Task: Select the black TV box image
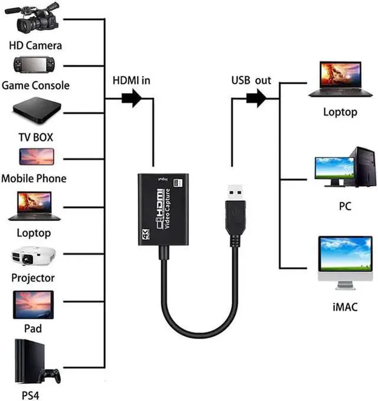(35, 112)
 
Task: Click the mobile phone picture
(36, 157)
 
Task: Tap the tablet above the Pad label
(34, 305)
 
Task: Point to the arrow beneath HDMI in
(132, 98)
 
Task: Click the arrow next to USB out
(258, 98)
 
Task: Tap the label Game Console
(35, 86)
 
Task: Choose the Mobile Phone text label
(34, 178)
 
